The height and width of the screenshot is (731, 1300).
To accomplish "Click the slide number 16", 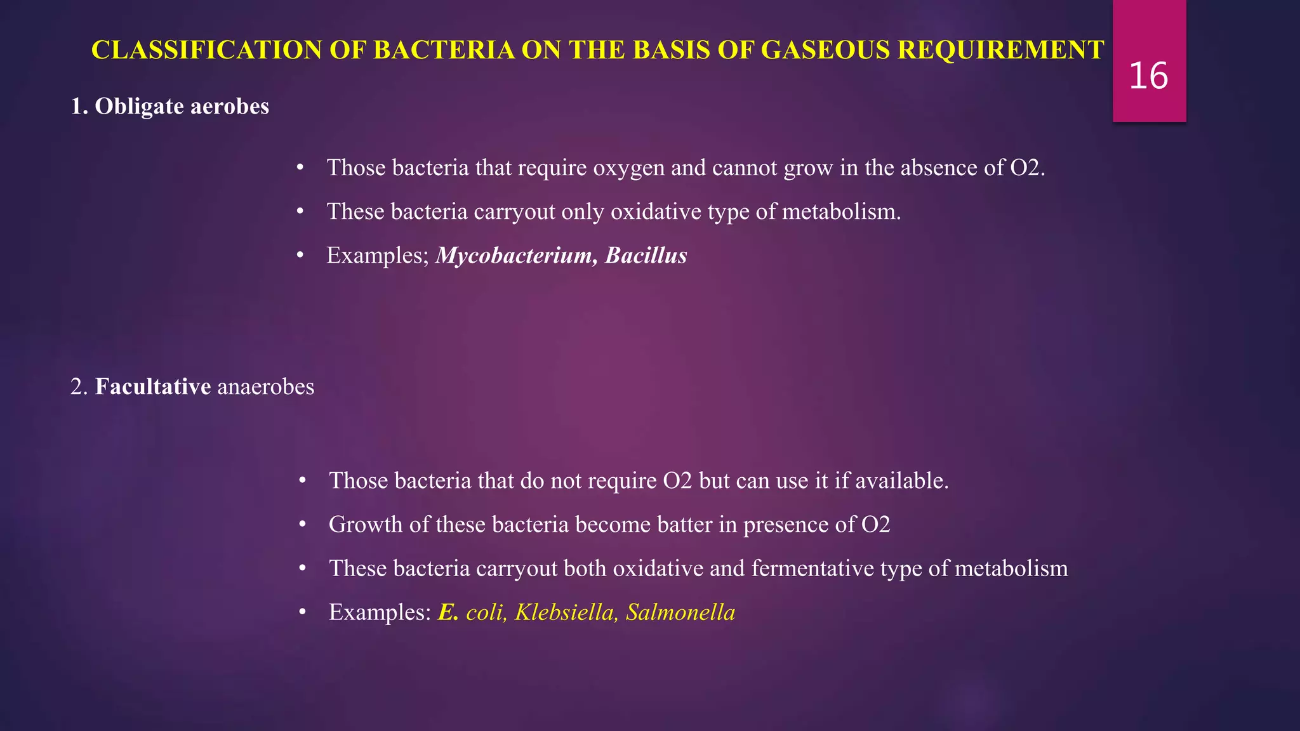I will point(1148,76).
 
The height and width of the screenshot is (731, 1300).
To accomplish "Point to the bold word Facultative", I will point(152,386).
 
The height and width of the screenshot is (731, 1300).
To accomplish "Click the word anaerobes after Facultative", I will point(265,386).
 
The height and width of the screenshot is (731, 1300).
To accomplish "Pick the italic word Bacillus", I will point(646,255).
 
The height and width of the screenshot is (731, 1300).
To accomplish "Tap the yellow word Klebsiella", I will point(565,612).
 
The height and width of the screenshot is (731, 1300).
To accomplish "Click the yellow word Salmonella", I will point(680,612).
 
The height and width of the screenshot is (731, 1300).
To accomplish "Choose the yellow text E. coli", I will point(472,612).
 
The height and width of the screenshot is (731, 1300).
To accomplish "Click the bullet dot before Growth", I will point(303,524).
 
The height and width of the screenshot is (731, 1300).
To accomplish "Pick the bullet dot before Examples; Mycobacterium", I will point(300,255).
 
